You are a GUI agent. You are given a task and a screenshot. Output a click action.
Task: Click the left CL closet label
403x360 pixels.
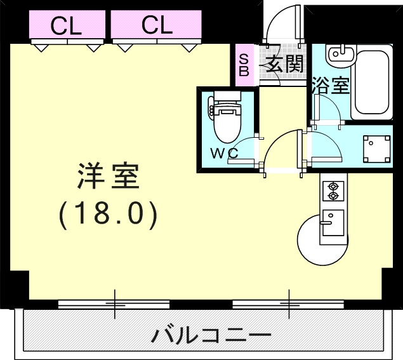[x=66, y=25]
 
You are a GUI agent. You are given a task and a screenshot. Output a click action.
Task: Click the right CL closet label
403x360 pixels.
[x=157, y=25]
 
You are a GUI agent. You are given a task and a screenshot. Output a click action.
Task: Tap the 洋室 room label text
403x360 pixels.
[x=108, y=177]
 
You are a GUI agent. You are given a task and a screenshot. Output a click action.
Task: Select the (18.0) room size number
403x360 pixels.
[x=108, y=215]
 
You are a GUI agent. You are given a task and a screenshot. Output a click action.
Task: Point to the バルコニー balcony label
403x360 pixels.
[x=212, y=334]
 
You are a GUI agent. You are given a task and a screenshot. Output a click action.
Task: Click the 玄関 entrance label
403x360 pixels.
[x=284, y=63]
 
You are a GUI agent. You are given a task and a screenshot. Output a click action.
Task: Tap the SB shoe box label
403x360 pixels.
[x=244, y=64]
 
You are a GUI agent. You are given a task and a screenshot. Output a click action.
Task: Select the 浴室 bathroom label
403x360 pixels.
[x=330, y=86]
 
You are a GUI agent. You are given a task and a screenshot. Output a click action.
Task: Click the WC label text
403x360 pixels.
[x=224, y=154]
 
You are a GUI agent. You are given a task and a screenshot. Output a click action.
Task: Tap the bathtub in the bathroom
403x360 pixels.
[x=372, y=82]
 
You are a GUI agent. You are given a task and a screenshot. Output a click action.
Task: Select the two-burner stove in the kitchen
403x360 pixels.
[x=333, y=191]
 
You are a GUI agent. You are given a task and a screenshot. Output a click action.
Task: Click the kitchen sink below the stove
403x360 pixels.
[x=332, y=223]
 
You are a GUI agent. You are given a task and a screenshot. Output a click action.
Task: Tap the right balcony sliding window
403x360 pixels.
[x=289, y=304]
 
